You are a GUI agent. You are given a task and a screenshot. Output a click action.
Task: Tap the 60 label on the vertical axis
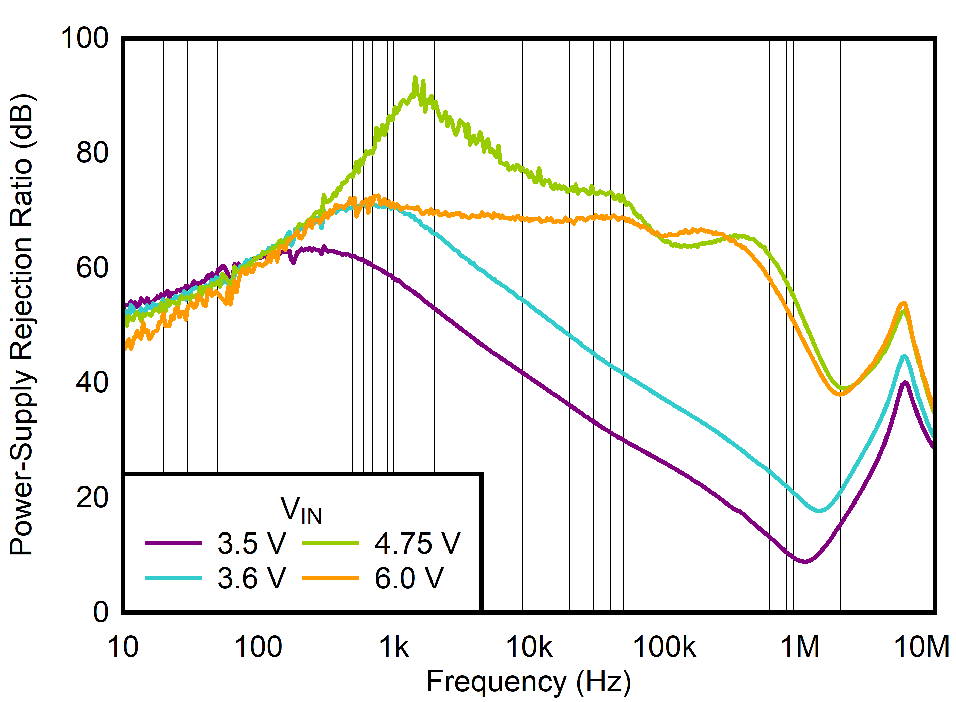coord(92,268)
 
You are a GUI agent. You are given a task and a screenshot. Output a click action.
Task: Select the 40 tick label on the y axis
coord(92,383)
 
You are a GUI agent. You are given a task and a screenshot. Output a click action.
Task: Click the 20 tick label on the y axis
coord(92,498)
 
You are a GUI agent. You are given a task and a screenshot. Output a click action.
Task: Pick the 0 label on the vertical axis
coord(101,612)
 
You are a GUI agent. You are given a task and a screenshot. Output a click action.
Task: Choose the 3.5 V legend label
coord(252,543)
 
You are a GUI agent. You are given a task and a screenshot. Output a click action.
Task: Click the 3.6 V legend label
coord(252,578)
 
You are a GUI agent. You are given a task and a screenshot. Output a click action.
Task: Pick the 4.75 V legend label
coord(417,543)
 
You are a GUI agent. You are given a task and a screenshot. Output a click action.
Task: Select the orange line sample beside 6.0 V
coord(330,578)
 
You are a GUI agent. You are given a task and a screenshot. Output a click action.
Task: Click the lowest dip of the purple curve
coord(804,562)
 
